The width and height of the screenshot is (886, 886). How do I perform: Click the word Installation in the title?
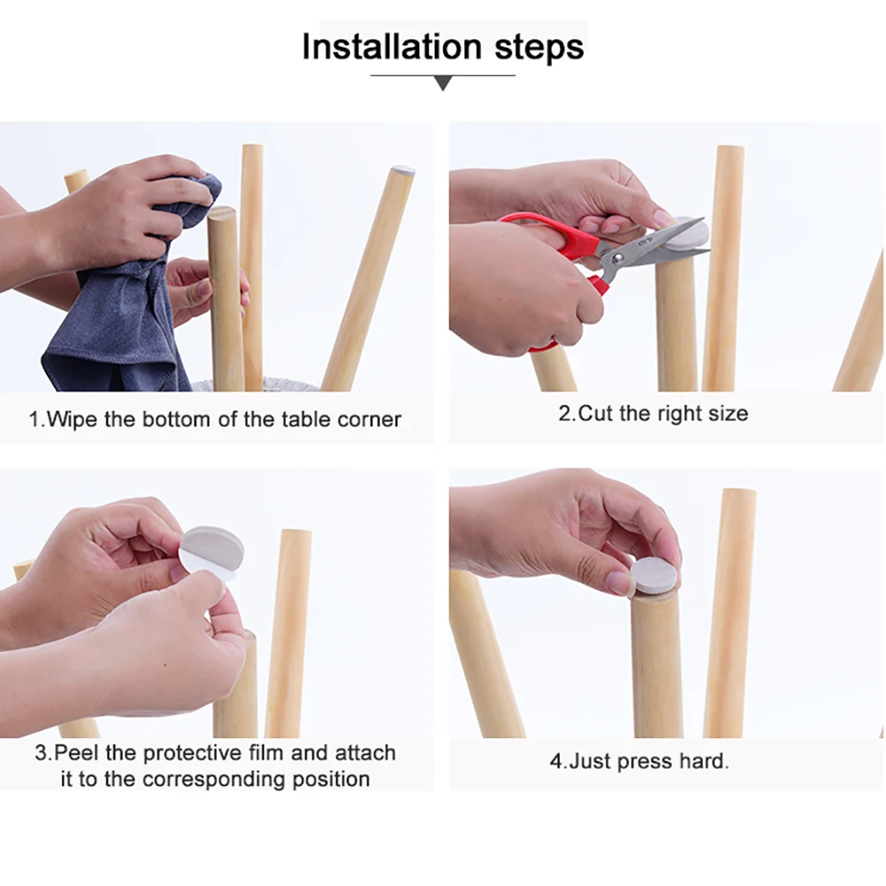click(392, 46)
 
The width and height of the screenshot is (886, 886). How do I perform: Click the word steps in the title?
click(539, 48)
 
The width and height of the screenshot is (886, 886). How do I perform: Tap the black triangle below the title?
click(444, 84)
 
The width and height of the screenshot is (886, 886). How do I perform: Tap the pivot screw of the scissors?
click(617, 259)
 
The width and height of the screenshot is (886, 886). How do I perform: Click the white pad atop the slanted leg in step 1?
click(402, 169)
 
